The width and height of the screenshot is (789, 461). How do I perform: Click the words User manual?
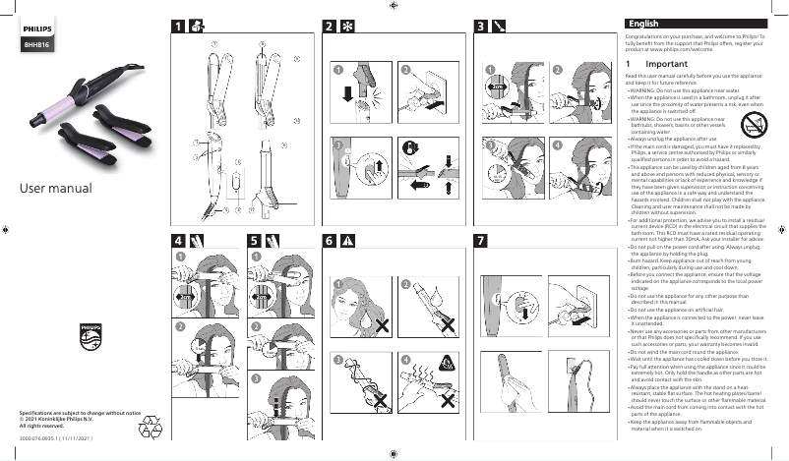(x=50, y=188)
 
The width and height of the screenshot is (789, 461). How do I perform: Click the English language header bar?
(x=702, y=24)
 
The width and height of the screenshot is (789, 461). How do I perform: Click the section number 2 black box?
(x=330, y=26)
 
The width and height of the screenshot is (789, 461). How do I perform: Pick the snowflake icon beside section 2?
(x=347, y=26)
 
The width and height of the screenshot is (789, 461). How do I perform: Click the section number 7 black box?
(x=480, y=241)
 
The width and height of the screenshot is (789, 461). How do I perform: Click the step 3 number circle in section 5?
(x=256, y=378)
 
